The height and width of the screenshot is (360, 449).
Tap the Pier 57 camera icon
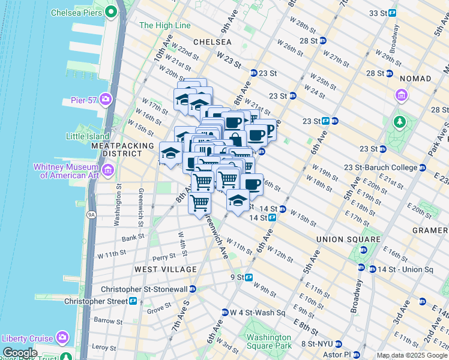pyautogui.click(x=106, y=99)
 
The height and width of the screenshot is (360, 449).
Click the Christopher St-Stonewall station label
pyautogui.click(x=144, y=289)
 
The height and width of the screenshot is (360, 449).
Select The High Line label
pyautogui.click(x=165, y=26)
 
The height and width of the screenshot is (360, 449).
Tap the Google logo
pyautogui.click(x=20, y=353)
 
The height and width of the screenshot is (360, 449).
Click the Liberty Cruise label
pyautogui.click(x=28, y=337)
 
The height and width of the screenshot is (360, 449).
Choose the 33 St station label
pyautogui.click(x=376, y=13)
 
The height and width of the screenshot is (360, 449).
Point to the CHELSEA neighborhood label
pyautogui.click(x=212, y=42)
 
